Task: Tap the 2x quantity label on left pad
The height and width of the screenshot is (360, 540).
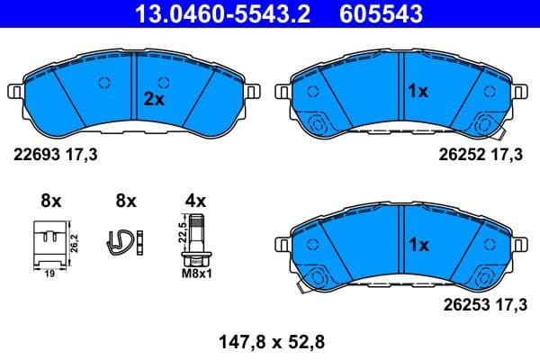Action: [155, 100]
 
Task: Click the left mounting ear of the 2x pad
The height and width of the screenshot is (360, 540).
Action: [14, 92]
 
